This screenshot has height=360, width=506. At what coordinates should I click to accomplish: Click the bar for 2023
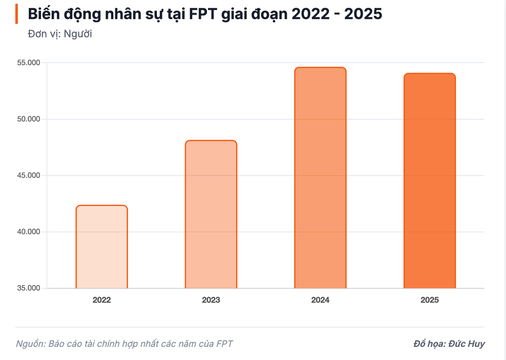pyautogui.click(x=211, y=214)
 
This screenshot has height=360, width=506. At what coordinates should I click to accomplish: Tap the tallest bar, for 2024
pyautogui.click(x=320, y=178)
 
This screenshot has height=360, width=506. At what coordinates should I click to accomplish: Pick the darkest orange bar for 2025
pyautogui.click(x=430, y=181)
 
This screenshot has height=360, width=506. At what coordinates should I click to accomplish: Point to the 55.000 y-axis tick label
pyautogui.click(x=28, y=63)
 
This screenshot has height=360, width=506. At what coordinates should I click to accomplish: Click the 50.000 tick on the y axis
pyautogui.click(x=28, y=119)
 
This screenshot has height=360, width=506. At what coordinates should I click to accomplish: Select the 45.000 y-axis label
pyautogui.click(x=28, y=175)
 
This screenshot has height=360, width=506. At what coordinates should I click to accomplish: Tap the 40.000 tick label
pyautogui.click(x=28, y=232)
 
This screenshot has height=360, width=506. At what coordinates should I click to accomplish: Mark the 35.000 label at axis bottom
pyautogui.click(x=28, y=288)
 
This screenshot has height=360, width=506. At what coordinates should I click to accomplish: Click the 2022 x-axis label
pyautogui.click(x=102, y=300)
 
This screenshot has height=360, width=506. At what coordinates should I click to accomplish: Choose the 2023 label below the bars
pyautogui.click(x=211, y=300)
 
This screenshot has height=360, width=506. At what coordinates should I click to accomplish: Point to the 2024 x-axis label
pyautogui.click(x=320, y=300)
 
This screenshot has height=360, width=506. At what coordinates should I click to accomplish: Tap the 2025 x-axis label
pyautogui.click(x=430, y=300)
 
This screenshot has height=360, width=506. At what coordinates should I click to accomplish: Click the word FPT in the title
pyautogui.click(x=203, y=14)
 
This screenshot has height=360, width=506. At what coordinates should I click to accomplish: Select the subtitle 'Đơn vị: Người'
pyautogui.click(x=60, y=34)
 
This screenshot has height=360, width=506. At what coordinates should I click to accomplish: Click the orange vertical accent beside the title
pyautogui.click(x=17, y=14)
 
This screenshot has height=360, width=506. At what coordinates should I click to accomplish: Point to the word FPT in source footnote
pyautogui.click(x=225, y=344)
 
